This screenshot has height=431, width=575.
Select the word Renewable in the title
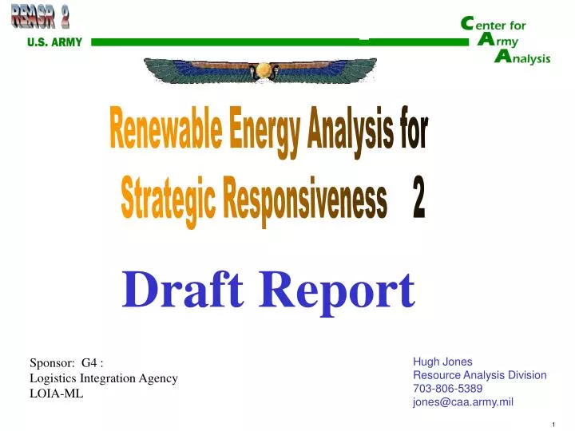(x=165, y=131)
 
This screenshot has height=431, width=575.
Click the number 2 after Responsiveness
(x=418, y=200)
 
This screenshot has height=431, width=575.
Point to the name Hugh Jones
(x=442, y=362)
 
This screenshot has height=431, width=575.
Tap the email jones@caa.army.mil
(x=463, y=401)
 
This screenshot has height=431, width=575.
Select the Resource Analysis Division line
(x=479, y=374)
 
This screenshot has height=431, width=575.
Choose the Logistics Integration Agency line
(x=103, y=378)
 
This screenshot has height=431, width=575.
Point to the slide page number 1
(x=553, y=424)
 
